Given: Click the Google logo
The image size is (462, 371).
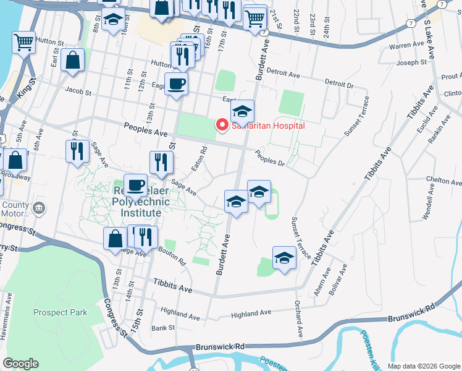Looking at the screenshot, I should tap(20, 364).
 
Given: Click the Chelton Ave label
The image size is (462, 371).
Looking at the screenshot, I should tap(444, 181).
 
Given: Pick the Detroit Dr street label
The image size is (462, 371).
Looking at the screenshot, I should tap(338, 83).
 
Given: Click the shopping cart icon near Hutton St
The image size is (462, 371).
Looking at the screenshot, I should tap(24, 44).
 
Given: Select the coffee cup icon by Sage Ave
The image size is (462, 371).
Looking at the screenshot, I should tap(135, 184).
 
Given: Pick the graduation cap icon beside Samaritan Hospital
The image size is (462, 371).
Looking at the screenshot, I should tap(242, 111).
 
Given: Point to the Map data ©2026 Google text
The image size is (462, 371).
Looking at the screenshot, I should tap(423, 366).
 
